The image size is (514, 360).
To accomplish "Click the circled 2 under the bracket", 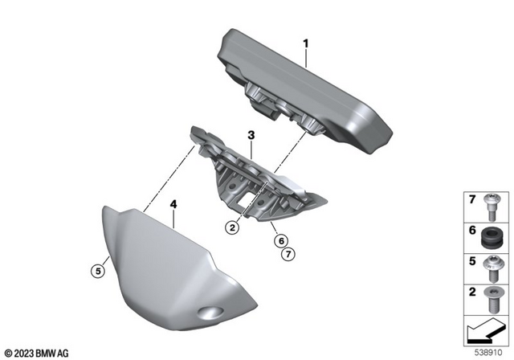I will coord(231,227).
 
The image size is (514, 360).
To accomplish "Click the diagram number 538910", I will coord(487,350).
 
